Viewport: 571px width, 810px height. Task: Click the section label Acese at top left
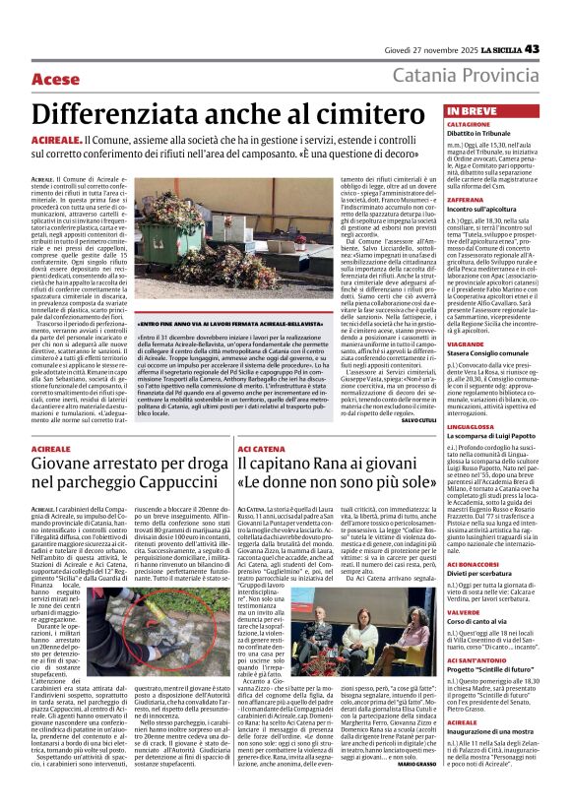(x=55, y=79)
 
